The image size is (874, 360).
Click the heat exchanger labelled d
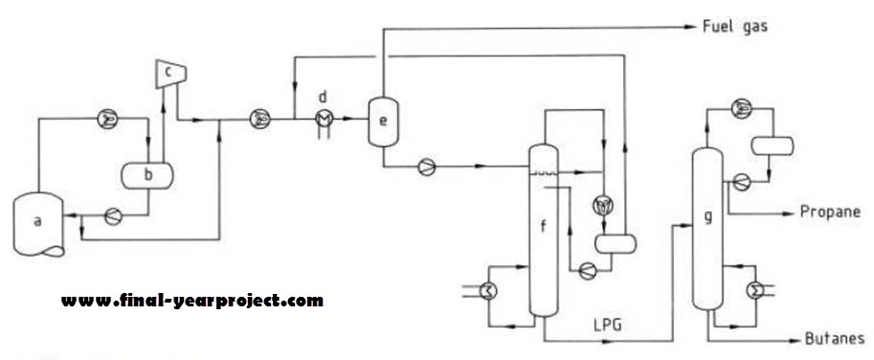click(x=324, y=116)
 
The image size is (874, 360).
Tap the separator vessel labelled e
click(x=384, y=122)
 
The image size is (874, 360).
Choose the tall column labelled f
click(x=543, y=230)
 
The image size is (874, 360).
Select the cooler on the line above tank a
click(x=107, y=119)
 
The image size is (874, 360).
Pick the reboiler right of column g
click(x=752, y=286)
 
